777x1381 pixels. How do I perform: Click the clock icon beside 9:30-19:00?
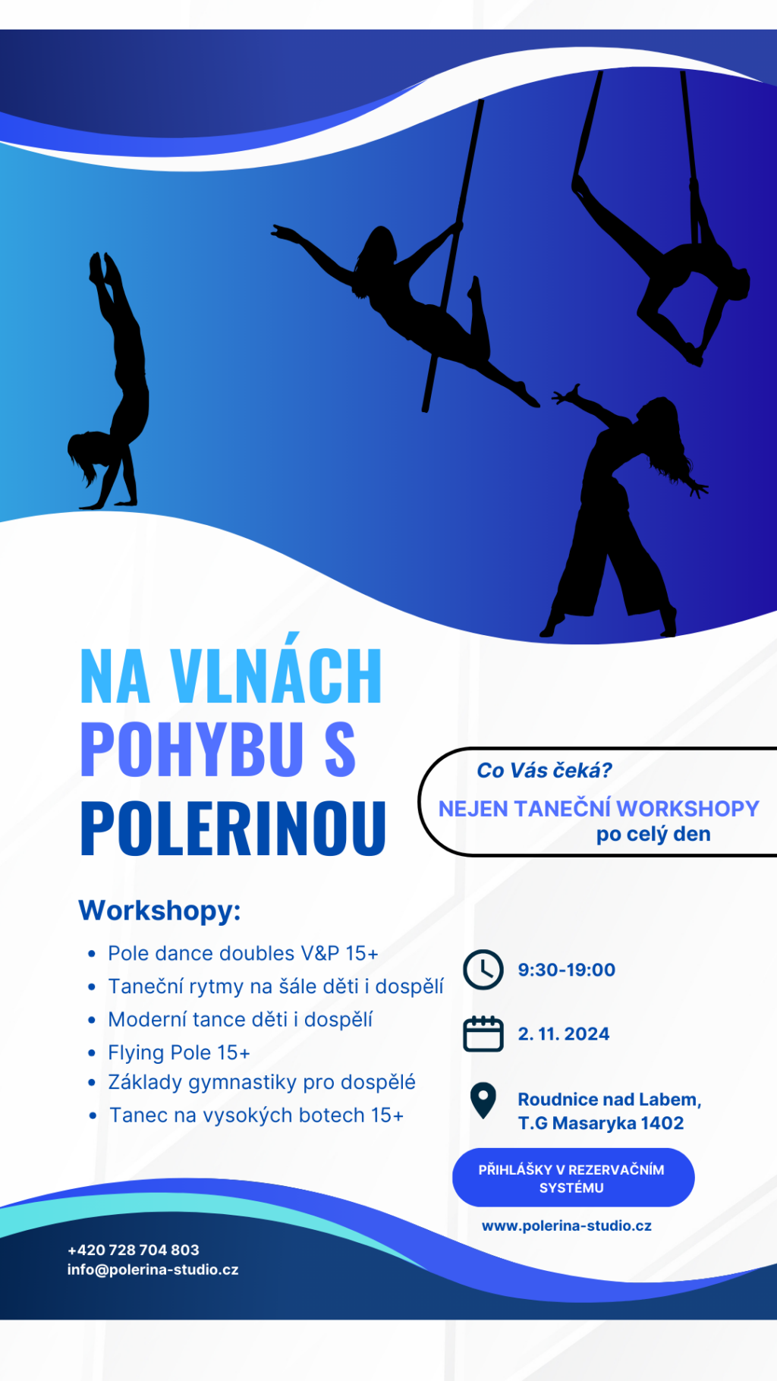483,969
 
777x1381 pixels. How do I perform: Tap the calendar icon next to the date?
483,1033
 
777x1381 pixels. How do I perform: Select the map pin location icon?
483,1100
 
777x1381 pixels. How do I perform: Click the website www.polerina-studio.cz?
567,1225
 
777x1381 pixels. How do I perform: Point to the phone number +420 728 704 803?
134,1250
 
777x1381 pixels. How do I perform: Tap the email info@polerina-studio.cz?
153,1269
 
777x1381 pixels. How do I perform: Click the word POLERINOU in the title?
234,828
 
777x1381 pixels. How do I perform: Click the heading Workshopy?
159,910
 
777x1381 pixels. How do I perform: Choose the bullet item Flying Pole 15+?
179,1052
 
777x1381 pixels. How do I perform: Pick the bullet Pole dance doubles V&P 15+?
243,953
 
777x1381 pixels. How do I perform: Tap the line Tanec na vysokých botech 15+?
256,1115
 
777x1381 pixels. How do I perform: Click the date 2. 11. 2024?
564,1034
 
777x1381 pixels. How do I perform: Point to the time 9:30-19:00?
567,970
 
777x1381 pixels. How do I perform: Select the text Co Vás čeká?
544,770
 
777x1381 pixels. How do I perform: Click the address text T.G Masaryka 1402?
601,1123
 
